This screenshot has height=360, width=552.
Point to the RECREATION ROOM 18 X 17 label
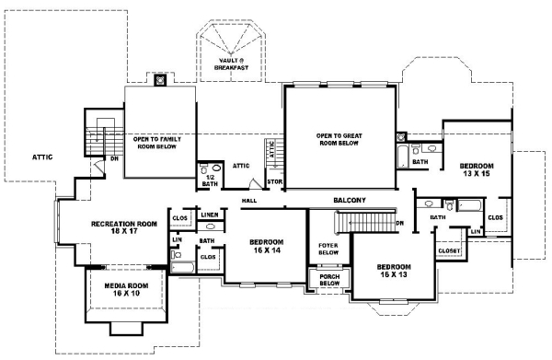click(x=123, y=228)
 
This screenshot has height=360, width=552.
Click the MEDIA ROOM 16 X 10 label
click(x=125, y=290)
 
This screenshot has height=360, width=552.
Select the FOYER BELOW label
click(x=328, y=249)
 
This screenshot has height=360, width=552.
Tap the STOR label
click(x=273, y=181)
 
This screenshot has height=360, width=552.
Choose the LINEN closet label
click(x=209, y=215)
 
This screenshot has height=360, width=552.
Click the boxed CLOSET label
click(x=448, y=250)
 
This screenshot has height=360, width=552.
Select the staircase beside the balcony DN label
click(x=364, y=222)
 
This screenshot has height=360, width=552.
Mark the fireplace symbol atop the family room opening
click(x=160, y=80)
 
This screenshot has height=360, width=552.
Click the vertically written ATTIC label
click(x=271, y=150)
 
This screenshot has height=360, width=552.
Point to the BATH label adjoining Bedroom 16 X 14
click(x=207, y=241)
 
